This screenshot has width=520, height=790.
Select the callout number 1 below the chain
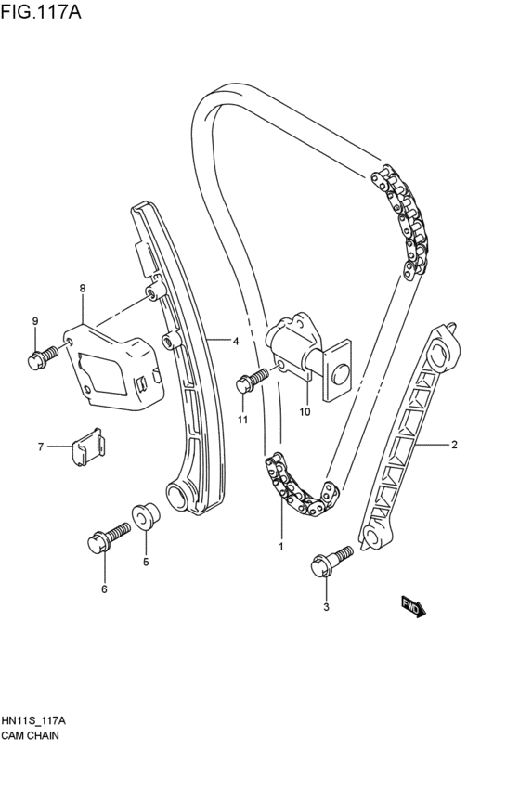(279, 547)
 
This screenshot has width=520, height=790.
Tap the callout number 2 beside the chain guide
(454, 446)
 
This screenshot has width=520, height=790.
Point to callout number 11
(242, 421)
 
